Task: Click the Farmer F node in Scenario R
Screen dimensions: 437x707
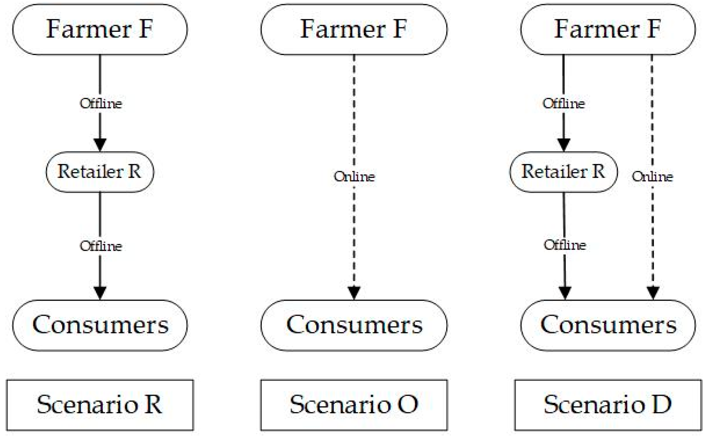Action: tap(100, 29)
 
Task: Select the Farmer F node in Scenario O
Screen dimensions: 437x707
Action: tap(354, 29)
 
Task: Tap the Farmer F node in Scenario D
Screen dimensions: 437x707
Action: tap(608, 29)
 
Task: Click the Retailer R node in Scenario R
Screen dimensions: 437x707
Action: tap(100, 172)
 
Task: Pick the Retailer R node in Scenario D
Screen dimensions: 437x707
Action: tap(563, 172)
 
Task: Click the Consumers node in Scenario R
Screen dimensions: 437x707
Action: tap(100, 325)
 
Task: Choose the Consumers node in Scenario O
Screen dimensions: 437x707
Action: tap(354, 325)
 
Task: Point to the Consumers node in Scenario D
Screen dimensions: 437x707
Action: tap(608, 325)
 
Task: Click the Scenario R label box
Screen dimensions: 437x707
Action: tap(100, 405)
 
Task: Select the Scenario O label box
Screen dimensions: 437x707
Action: tap(354, 405)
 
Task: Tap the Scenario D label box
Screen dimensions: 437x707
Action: tap(608, 405)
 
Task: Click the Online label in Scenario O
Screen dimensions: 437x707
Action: tap(354, 177)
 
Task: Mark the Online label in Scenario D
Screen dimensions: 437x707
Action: tap(652, 177)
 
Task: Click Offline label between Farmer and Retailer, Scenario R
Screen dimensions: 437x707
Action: tap(101, 103)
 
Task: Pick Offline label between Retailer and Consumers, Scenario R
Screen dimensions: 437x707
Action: tap(101, 246)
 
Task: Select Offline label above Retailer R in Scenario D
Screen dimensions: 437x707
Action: tap(564, 103)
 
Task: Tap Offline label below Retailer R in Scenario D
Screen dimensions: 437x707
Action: tap(565, 245)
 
